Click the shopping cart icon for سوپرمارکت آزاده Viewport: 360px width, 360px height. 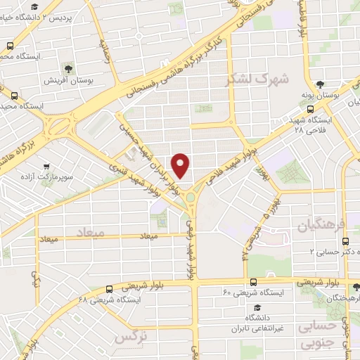pyautogui.click(x=45, y=167)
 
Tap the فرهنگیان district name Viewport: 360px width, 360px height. pyautogui.click(x=323, y=226)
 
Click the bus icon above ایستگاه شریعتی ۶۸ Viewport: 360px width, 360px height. pyautogui.click(x=109, y=288)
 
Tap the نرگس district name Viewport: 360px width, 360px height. pyautogui.click(x=133, y=338)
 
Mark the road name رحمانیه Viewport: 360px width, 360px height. pyautogui.click(x=107, y=50)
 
